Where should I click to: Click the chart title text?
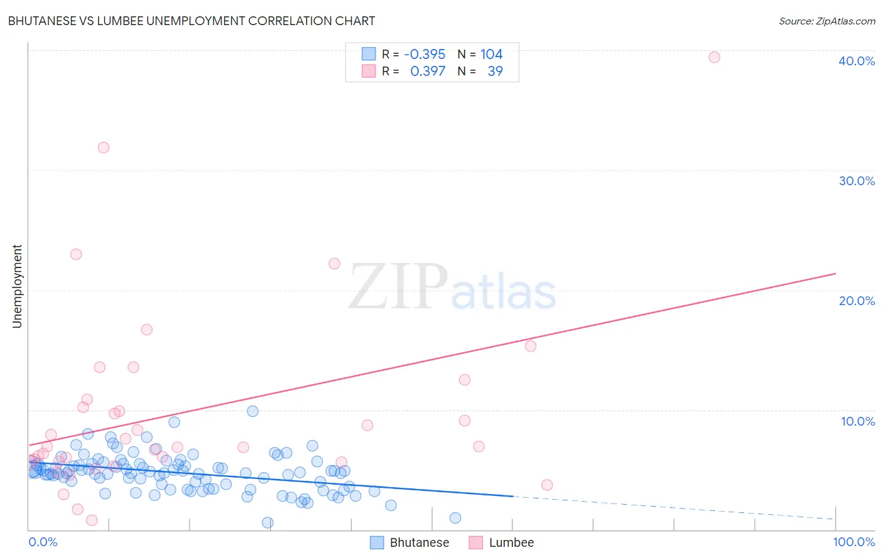pyautogui.click(x=192, y=21)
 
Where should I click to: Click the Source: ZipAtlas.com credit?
pyautogui.click(x=826, y=21)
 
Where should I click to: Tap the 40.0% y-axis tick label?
pyautogui.click(x=857, y=61)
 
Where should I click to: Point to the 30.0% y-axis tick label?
pyautogui.click(x=857, y=181)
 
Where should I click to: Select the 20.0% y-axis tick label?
pyautogui.click(x=857, y=301)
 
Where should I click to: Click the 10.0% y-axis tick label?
pyautogui.click(x=857, y=421)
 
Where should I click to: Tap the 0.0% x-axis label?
pyautogui.click(x=43, y=542)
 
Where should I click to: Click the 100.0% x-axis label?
pyautogui.click(x=853, y=542)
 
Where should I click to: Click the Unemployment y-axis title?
pyautogui.click(x=17, y=286)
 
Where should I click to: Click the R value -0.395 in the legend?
pyautogui.click(x=425, y=54)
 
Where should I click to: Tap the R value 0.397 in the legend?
pyautogui.click(x=428, y=71)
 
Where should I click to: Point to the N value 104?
pyautogui.click(x=492, y=54)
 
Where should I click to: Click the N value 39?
pyautogui.click(x=495, y=71)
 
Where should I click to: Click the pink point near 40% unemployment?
pyautogui.click(x=714, y=57)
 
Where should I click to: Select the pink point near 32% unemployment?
pyautogui.click(x=104, y=148)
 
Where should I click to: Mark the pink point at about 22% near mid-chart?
pyautogui.click(x=334, y=264)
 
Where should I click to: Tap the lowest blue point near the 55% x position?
pyautogui.click(x=455, y=518)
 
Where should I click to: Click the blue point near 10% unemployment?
pyautogui.click(x=252, y=411)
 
